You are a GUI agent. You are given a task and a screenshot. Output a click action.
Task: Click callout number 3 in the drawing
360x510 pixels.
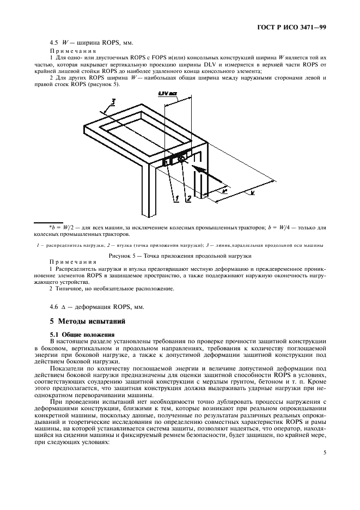pos(113,101)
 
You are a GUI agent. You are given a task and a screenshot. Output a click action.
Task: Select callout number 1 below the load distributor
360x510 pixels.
pos(177,200)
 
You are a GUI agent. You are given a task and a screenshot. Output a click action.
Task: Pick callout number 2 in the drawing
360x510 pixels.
pos(189,200)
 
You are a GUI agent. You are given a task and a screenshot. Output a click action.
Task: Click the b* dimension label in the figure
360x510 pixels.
pos(225,191)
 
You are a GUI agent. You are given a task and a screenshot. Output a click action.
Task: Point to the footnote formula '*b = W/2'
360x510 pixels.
pos(59,226)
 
